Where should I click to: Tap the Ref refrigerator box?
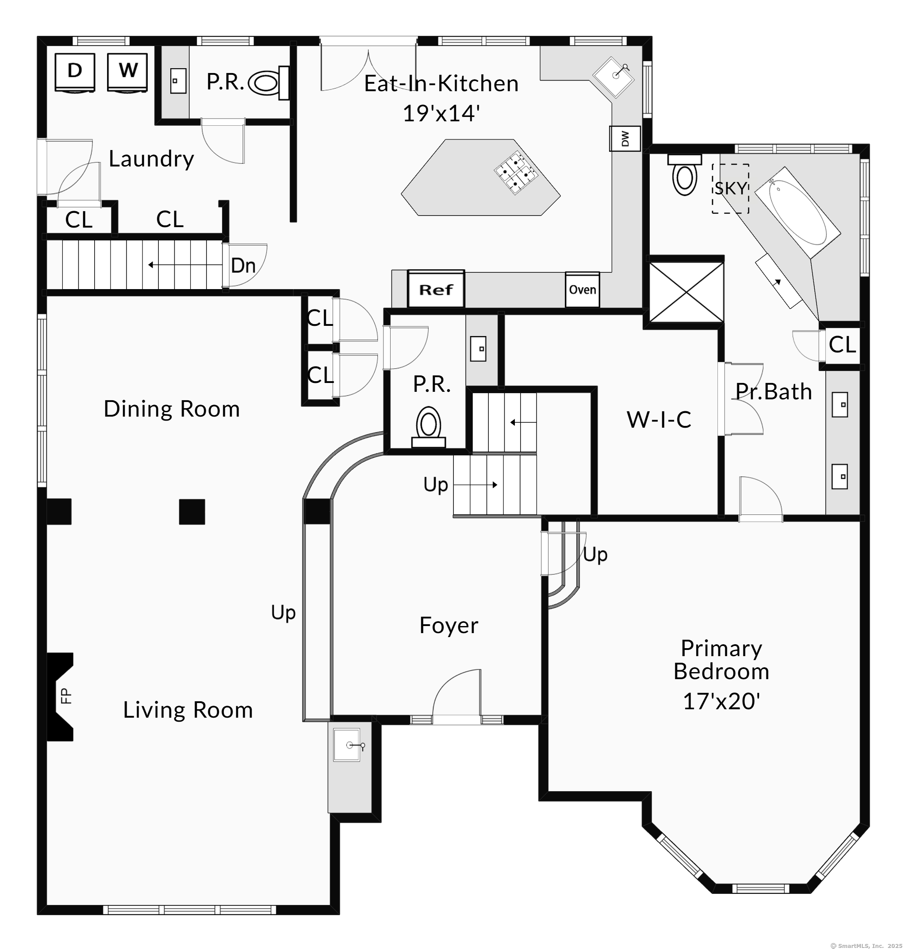click(436, 289)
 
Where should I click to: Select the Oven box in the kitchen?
click(582, 290)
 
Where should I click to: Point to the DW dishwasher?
click(625, 139)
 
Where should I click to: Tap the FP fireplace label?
click(66, 696)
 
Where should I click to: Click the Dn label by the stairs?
click(243, 266)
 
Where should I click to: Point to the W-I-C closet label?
click(659, 420)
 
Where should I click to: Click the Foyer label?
click(449, 626)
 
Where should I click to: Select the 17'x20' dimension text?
click(721, 701)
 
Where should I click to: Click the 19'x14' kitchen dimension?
click(441, 113)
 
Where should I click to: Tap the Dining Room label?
click(172, 409)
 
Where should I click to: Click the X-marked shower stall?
click(686, 292)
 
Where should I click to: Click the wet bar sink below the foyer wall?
click(347, 745)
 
